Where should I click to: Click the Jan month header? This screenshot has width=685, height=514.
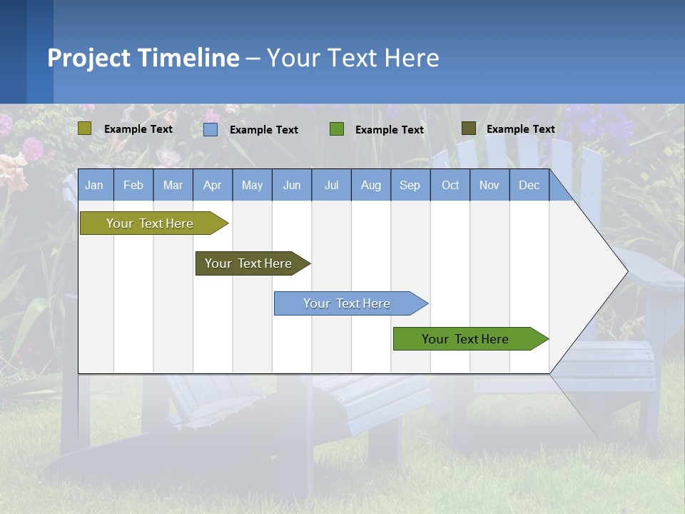point(94,186)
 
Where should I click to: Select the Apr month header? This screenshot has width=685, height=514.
point(212,186)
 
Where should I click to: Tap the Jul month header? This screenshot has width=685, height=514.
point(331,186)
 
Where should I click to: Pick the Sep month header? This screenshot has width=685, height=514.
point(410,186)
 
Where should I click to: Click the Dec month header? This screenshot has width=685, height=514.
point(529,186)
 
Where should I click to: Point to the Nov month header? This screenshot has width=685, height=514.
point(489,186)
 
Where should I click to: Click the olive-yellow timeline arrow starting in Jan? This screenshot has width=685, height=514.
point(150,223)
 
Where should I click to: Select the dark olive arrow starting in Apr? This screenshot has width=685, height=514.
point(248,263)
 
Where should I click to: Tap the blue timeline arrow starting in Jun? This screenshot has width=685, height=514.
point(347,303)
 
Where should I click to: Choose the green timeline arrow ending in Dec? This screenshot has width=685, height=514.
point(465,339)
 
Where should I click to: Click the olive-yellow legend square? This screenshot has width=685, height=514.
point(84,128)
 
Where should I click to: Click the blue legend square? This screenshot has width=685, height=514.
point(210,129)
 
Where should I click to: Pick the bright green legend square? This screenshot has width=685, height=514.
point(337,129)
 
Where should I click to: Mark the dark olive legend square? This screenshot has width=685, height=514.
point(468,128)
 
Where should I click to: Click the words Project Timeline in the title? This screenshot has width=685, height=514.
point(143,58)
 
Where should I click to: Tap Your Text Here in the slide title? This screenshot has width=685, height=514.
point(352,58)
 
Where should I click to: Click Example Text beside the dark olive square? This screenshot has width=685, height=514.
point(520,129)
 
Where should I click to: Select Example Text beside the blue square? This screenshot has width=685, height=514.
point(263,130)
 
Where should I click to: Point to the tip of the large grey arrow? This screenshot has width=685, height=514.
point(626,271)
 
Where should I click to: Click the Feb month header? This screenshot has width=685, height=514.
point(133,186)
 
